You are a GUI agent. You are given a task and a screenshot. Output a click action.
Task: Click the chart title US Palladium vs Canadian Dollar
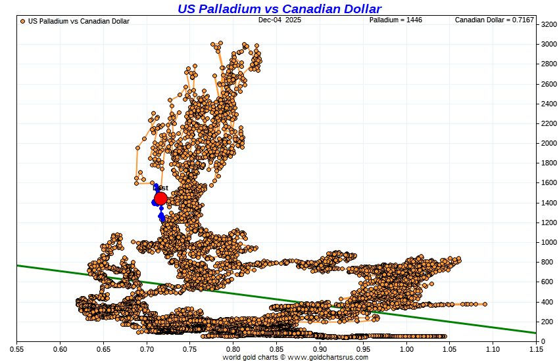279,9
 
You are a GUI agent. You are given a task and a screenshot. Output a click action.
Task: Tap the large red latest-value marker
160,199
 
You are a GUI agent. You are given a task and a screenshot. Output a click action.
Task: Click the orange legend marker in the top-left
23,21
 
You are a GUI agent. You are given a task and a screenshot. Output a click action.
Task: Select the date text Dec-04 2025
279,20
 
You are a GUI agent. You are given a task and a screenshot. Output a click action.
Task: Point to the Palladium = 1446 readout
395,20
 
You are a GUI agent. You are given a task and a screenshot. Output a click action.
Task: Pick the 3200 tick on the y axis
549,24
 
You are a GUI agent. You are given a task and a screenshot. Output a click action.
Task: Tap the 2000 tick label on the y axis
549,143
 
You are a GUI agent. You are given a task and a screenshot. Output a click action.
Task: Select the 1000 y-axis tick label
549,242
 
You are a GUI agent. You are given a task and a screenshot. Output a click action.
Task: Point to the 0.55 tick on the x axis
17,349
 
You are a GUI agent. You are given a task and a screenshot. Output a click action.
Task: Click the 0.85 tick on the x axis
277,349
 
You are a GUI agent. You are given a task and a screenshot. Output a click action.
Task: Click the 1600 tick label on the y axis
549,183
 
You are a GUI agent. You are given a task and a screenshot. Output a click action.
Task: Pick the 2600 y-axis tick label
549,84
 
